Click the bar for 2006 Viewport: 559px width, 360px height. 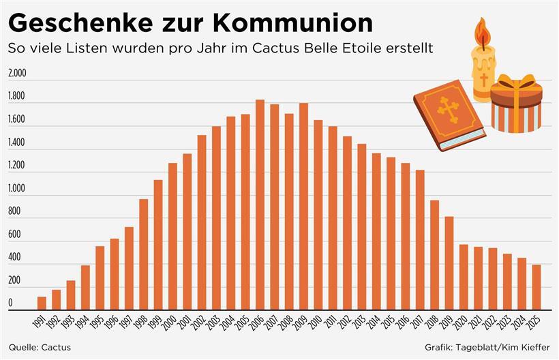pos(260,205)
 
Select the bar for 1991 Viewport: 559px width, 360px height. pos(42,303)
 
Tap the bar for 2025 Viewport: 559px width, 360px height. pos(536,287)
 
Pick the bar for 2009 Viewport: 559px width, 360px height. pos(303,207)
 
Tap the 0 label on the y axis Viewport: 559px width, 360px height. pos(10,303)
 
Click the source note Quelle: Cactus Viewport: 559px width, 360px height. pos(39,347)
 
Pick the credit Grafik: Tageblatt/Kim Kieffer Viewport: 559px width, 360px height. pos(487,347)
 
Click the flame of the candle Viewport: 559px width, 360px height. pos(483,33)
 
